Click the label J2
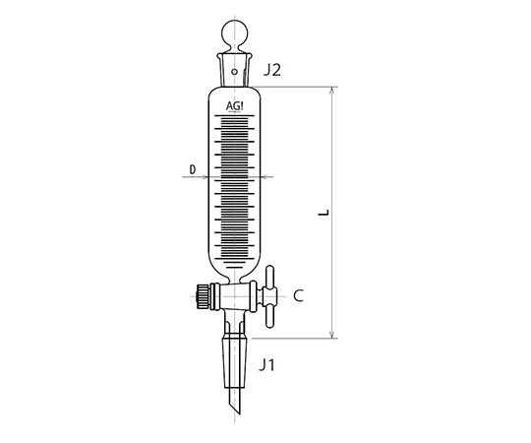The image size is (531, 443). (x=272, y=70)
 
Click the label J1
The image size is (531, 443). (x=267, y=365)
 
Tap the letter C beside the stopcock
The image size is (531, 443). (x=298, y=296)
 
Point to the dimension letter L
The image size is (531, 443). (x=324, y=213)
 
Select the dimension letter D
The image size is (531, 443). (x=193, y=169)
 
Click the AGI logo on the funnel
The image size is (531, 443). (x=234, y=106)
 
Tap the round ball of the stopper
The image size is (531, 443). (x=234, y=34)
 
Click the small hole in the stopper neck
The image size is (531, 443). (x=234, y=72)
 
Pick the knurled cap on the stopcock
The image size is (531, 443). (x=203, y=296)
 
